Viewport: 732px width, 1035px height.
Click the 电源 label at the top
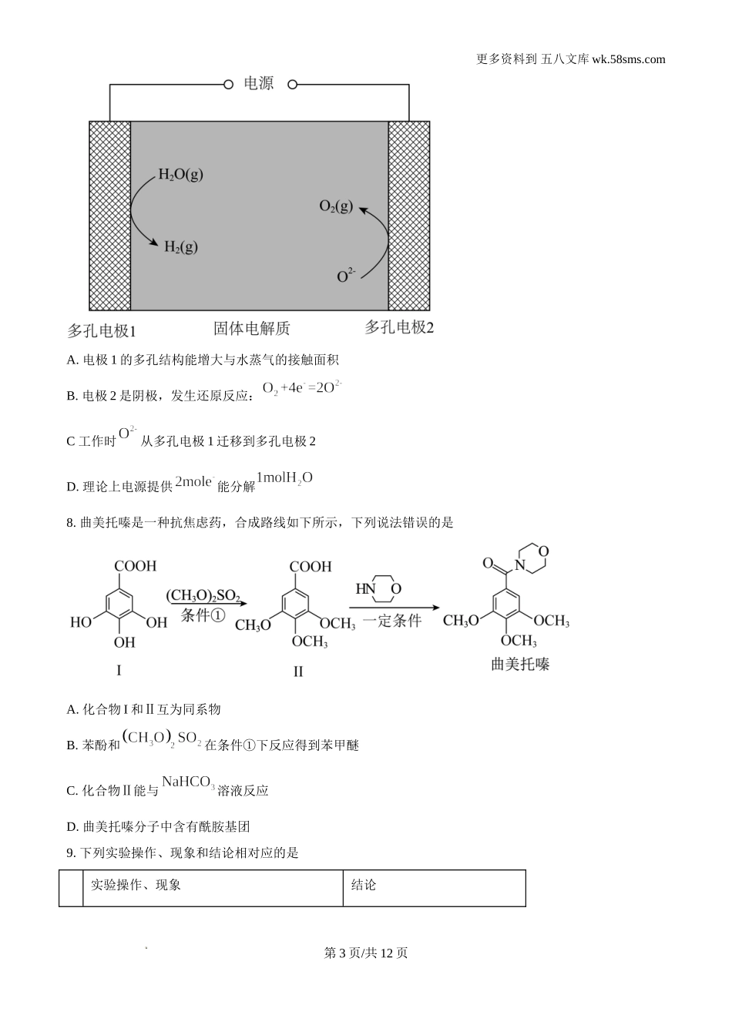coord(258,83)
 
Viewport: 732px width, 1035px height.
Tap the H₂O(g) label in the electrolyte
coord(180,174)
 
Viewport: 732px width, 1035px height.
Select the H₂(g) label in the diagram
coord(180,246)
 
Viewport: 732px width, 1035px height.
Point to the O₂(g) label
coord(336,206)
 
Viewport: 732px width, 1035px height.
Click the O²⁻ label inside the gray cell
coord(345,275)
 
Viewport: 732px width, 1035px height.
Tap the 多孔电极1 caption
coord(101,331)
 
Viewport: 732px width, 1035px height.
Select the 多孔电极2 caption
coord(398,327)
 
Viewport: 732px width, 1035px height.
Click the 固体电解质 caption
coord(251,329)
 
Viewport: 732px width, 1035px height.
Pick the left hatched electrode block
coord(109,216)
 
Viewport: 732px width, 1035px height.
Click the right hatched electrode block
coord(408,216)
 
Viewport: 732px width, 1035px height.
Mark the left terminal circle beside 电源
coord(228,85)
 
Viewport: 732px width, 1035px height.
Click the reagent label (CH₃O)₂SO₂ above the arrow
coord(203,595)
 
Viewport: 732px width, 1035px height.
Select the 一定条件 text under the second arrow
coord(392,620)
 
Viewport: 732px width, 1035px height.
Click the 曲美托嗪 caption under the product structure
coord(520,664)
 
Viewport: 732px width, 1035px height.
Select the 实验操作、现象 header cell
coord(136,885)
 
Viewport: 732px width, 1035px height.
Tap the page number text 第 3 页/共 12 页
coord(366,953)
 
